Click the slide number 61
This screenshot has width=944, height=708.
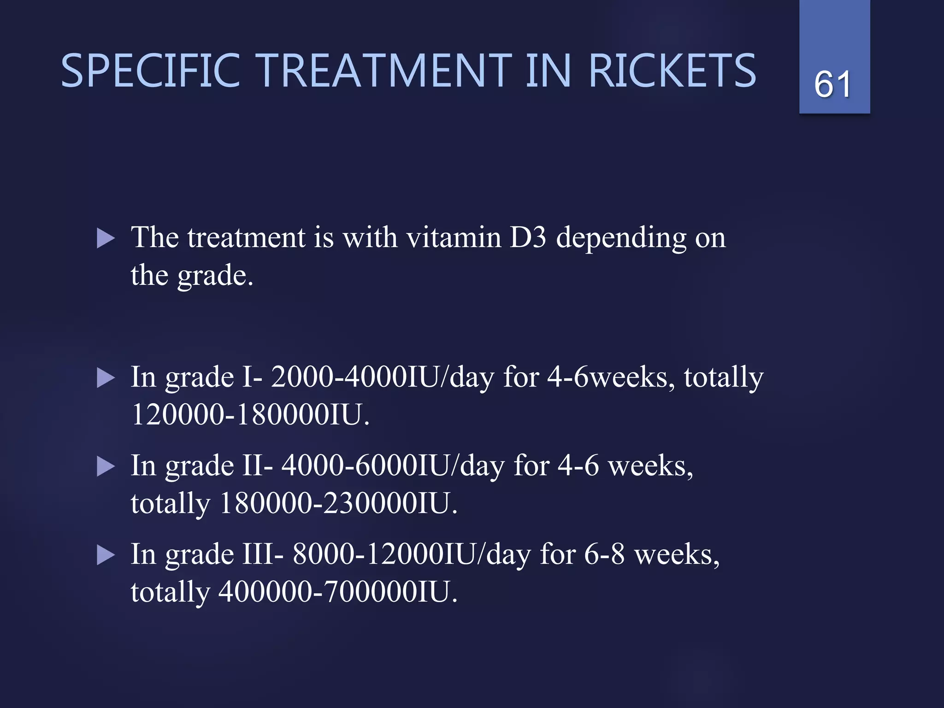832,84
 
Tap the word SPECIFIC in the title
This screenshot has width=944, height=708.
151,71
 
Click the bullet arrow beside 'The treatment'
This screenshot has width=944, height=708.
106,239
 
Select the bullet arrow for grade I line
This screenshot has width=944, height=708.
106,378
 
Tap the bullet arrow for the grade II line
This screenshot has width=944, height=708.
106,467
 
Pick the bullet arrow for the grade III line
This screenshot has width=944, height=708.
106,555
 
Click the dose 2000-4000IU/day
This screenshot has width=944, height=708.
382,378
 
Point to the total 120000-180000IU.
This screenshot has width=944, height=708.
250,414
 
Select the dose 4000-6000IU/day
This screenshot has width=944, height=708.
393,466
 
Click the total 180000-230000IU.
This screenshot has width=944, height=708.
338,503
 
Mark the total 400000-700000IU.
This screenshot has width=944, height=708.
338,592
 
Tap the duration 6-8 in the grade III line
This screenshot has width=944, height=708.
604,555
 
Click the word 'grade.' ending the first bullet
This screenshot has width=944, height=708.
215,276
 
